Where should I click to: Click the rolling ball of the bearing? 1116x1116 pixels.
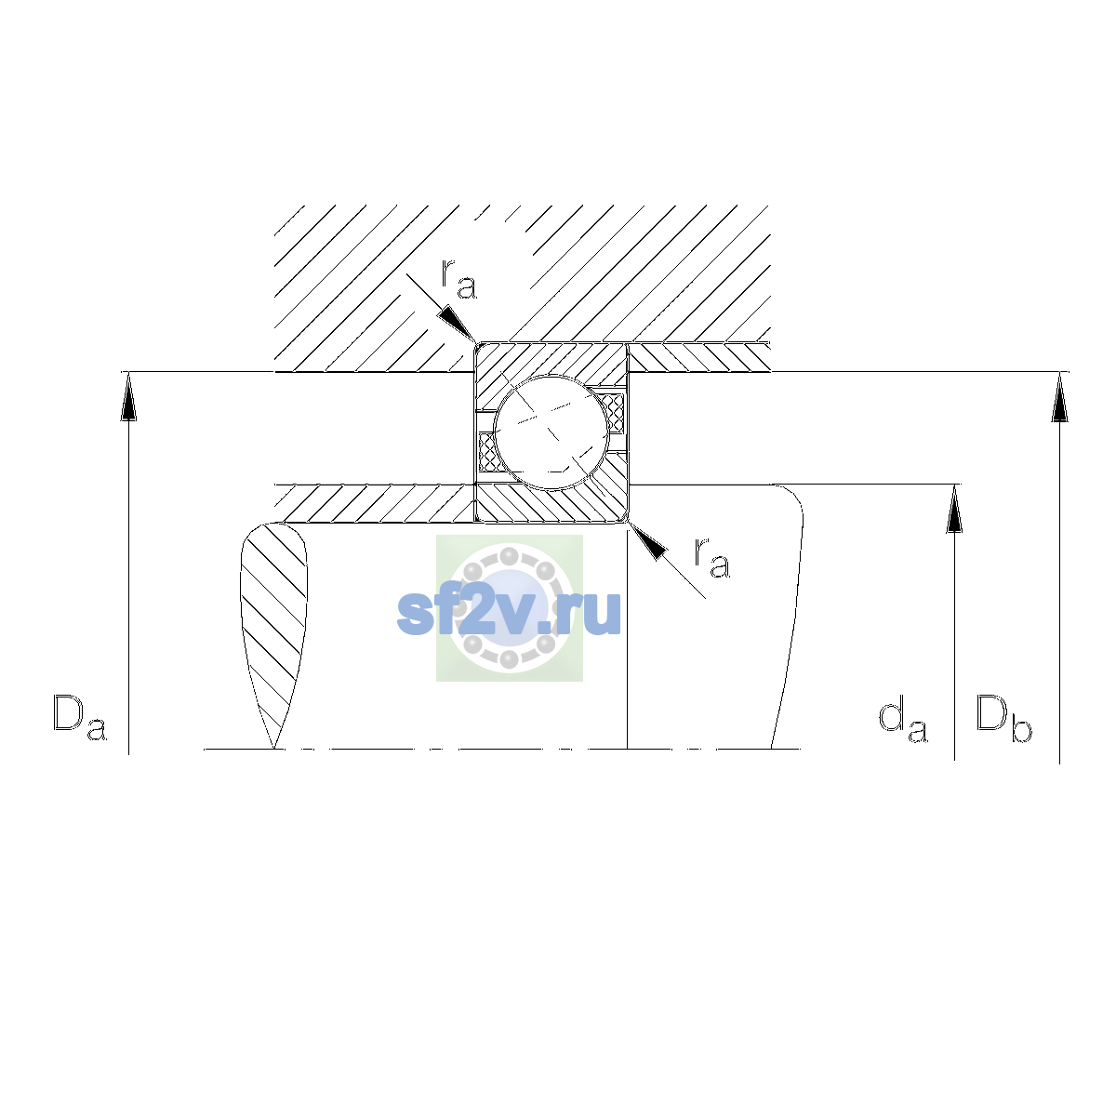pos(551,432)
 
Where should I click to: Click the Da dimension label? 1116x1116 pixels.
pos(80,717)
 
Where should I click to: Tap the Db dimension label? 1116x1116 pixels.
pos(1003,717)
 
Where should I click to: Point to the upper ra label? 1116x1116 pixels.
pos(458,279)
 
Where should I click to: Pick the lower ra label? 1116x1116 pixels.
pos(711,558)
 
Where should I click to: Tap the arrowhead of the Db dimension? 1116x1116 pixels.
pos(1060,397)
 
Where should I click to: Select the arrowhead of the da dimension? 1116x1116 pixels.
pos(954,509)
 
